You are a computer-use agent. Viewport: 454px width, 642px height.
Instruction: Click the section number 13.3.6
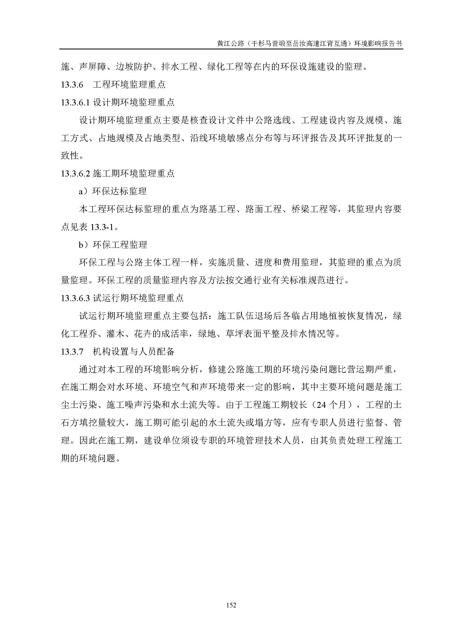pyautogui.click(x=72, y=85)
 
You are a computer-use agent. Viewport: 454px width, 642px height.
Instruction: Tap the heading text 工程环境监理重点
pyautogui.click(x=129, y=85)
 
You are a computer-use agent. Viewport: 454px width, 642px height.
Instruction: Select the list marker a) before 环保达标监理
pyautogui.click(x=84, y=191)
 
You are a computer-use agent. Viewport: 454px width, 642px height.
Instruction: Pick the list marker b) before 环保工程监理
pyautogui.click(x=84, y=245)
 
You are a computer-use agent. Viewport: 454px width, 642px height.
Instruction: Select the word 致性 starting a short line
pyautogui.click(x=70, y=155)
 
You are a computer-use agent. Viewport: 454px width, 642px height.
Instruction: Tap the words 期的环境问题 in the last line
pyautogui.click(x=88, y=459)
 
